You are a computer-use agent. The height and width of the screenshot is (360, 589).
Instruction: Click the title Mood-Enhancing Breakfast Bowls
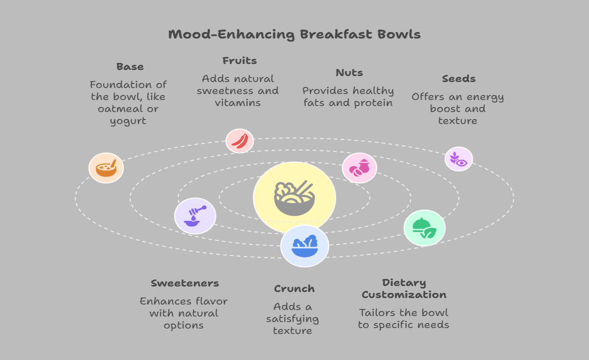pyautogui.click(x=294, y=35)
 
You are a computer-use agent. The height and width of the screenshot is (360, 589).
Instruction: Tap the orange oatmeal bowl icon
pyautogui.click(x=106, y=168)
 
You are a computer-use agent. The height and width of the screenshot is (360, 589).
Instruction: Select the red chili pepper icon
pyautogui.click(x=240, y=141)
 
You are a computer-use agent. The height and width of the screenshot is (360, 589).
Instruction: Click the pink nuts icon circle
pyautogui.click(x=359, y=168)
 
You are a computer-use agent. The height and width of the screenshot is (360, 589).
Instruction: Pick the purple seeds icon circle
pyautogui.click(x=459, y=159)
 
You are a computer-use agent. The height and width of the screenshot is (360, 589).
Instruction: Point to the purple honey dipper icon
pyautogui.click(x=195, y=216)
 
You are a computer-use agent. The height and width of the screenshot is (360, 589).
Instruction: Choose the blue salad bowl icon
pyautogui.click(x=305, y=246)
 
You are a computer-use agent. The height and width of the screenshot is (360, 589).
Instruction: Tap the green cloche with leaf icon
pyautogui.click(x=424, y=228)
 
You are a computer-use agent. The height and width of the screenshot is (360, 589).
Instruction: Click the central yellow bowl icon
pyautogui.click(x=294, y=197)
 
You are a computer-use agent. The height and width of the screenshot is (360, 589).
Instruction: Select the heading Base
pyautogui.click(x=130, y=66)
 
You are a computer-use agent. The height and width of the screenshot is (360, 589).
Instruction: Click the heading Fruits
pyautogui.click(x=239, y=60)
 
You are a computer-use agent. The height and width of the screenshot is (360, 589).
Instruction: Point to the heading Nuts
pyautogui.click(x=349, y=73)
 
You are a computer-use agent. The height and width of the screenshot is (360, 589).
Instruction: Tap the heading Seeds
pyautogui.click(x=459, y=79)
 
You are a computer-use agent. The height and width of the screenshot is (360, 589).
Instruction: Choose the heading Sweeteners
pyautogui.click(x=185, y=283)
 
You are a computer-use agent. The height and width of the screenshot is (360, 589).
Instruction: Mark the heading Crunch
pyautogui.click(x=294, y=289)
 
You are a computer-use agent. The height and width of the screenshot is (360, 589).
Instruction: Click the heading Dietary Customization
pyautogui.click(x=404, y=289)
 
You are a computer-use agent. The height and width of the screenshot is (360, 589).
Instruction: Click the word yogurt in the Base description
pyautogui.click(x=128, y=121)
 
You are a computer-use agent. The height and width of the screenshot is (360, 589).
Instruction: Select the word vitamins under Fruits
pyautogui.click(x=238, y=103)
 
